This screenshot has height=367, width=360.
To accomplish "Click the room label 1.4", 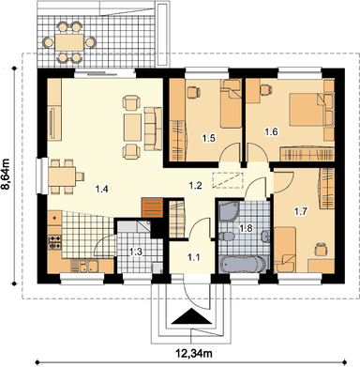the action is click(102, 189).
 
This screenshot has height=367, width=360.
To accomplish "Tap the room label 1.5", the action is click(208, 138).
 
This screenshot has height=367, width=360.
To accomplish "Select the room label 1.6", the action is click(271, 131).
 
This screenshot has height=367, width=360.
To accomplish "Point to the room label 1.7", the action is click(300, 212).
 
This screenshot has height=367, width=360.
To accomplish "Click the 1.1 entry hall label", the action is click(194, 257).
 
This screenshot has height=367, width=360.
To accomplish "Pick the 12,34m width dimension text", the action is click(194, 354).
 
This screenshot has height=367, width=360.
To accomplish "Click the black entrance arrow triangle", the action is click(190, 316).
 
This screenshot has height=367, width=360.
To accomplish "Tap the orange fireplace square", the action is click(153, 207).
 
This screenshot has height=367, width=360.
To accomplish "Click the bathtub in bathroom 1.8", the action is click(241, 264).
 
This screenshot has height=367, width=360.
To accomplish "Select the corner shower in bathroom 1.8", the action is click(229, 211).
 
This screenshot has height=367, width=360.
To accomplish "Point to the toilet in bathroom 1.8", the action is click(225, 237).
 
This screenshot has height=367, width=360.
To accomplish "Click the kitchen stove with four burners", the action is click(54, 243).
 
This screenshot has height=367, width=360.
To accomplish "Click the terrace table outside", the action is click(68, 42).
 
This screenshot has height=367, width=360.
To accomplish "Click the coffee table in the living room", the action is click(132, 128).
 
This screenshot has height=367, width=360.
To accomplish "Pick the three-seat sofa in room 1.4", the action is click(153, 129).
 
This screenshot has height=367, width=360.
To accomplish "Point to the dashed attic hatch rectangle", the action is click(228, 180).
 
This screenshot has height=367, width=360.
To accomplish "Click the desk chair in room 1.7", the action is click(321, 249).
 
